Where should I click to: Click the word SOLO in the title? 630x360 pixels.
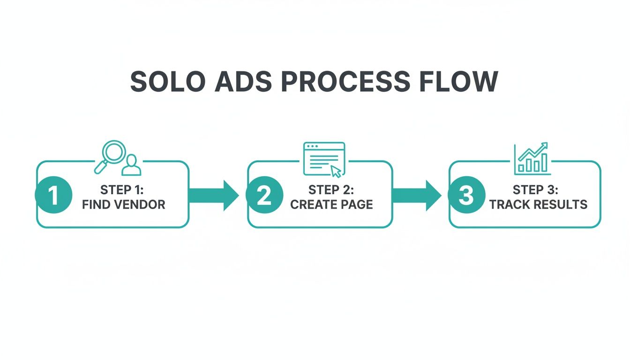point(168,82)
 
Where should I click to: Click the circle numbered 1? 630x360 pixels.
point(53,195)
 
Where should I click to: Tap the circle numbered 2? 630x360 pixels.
point(264,195)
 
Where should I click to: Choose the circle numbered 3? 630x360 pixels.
point(466,195)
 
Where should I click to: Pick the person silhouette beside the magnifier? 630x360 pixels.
point(131,165)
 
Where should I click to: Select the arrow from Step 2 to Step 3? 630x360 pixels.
point(417,195)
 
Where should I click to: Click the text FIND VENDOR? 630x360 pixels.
point(123,205)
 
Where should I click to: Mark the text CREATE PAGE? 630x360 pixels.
point(331,205)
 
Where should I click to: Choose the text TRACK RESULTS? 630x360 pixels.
point(538,205)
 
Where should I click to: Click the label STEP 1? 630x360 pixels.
point(123,190)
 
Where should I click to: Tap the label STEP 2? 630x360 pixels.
point(331,190)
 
